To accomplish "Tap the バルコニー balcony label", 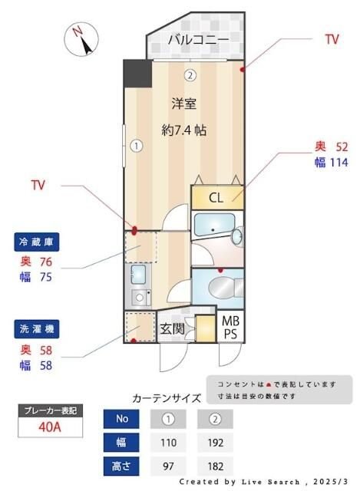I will pyautogui.click(x=198, y=40).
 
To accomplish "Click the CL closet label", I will pyautogui.click(x=216, y=197).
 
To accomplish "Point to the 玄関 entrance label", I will pyautogui.click(x=173, y=330).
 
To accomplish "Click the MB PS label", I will pyautogui.click(x=230, y=327).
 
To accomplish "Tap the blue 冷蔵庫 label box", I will pyautogui.click(x=37, y=242).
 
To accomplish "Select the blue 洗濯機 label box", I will pyautogui.click(x=37, y=328).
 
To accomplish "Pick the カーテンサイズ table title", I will pyautogui.click(x=167, y=398).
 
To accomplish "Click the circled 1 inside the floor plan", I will pyautogui.click(x=135, y=144).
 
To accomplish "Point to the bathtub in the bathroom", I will pyautogui.click(x=213, y=227).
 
